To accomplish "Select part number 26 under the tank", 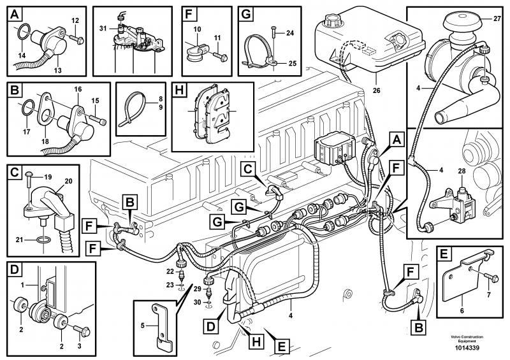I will (x=376, y=90).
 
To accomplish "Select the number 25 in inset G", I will (x=292, y=63).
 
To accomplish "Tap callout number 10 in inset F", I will (x=197, y=30).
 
